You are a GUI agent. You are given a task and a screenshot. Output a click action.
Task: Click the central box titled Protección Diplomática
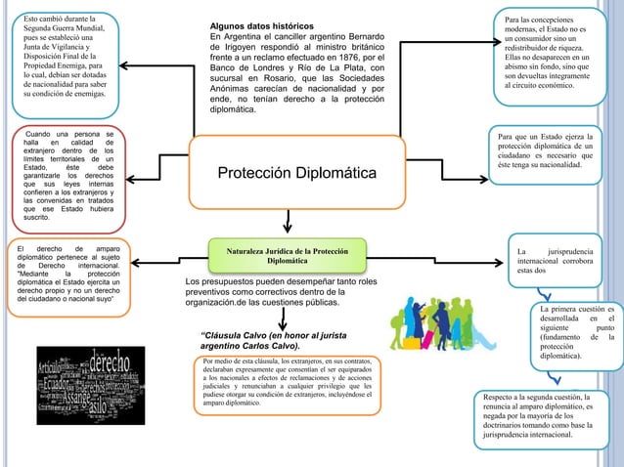click(294, 173)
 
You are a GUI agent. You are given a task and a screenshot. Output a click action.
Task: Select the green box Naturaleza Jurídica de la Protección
click(280, 256)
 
